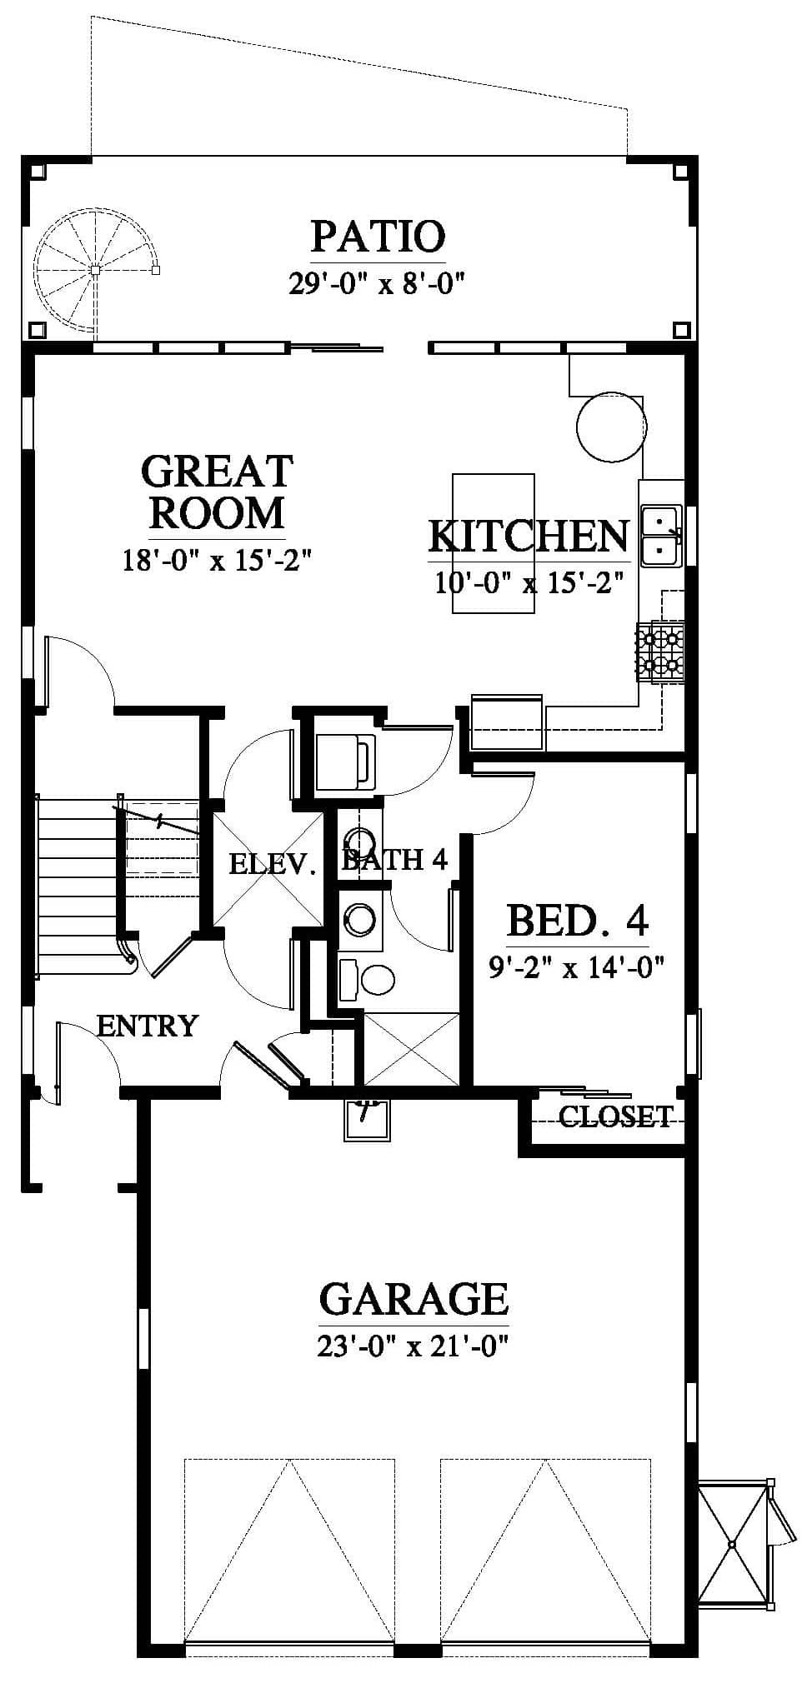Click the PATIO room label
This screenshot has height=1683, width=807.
tap(378, 237)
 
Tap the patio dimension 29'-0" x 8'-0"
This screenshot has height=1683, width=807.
tap(376, 283)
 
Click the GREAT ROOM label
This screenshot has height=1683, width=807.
tap(217, 492)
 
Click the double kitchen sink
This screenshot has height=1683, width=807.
tap(662, 534)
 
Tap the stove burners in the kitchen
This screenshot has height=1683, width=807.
tap(660, 652)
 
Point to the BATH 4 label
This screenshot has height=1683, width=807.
tap(395, 859)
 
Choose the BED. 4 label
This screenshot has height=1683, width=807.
tap(577, 921)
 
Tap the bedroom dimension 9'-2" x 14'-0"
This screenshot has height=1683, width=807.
tap(576, 967)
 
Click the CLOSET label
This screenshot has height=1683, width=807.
tap(615, 1116)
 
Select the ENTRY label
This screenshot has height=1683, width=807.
tap(148, 1025)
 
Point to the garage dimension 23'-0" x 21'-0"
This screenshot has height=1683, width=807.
tap(414, 1346)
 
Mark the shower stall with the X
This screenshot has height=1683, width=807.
tap(412, 1049)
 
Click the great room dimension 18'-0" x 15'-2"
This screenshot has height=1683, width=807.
tap(217, 559)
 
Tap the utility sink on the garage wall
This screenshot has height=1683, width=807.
tap(367, 1119)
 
